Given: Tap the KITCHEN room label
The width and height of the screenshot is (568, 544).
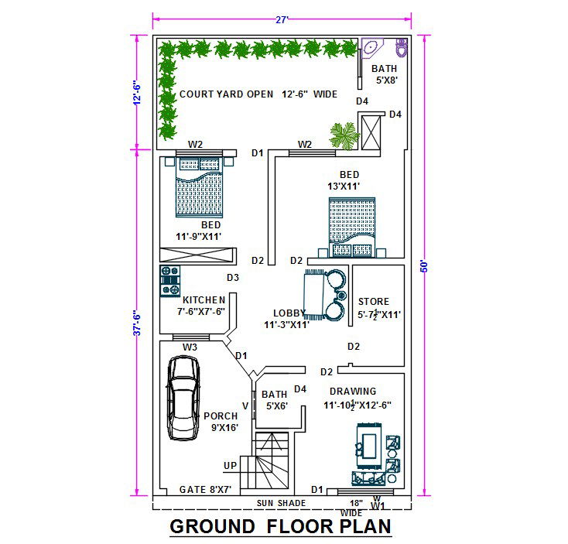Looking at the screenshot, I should [x=204, y=299].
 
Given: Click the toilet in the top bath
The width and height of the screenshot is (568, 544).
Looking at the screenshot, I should [x=400, y=48].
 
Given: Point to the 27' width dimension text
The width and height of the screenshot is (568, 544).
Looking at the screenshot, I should [x=282, y=20].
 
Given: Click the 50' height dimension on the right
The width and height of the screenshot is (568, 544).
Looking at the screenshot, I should [x=424, y=265].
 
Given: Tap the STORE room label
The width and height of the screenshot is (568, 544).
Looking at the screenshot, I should [x=374, y=302].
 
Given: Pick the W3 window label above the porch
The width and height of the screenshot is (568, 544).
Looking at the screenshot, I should [x=190, y=347].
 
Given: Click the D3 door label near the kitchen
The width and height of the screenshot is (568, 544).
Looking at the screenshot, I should [x=232, y=278].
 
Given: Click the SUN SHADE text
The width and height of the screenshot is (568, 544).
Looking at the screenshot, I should [x=282, y=503].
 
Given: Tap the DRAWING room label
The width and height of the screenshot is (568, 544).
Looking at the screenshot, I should [x=352, y=392].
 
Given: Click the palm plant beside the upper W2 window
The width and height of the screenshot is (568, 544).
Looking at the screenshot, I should [x=344, y=135].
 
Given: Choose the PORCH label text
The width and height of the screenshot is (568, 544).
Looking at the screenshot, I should [x=221, y=416].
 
